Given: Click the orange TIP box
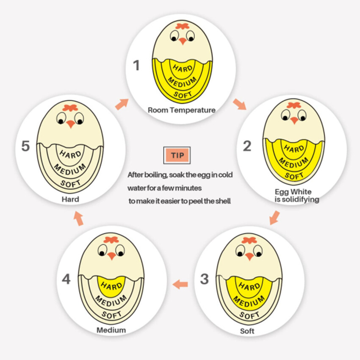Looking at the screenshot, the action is (x=177, y=155).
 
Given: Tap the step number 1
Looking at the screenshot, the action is (x=136, y=65).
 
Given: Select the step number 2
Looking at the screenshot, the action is (x=247, y=146).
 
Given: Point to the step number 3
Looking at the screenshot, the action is (x=204, y=279).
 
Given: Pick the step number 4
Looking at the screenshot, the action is (x=66, y=279).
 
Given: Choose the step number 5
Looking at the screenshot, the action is (x=25, y=146).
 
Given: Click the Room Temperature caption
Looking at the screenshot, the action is (x=182, y=110).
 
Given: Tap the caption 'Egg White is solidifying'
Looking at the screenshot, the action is (x=297, y=196).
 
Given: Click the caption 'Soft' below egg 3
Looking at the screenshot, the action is (x=247, y=331).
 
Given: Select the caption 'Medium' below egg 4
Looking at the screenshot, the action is (x=111, y=330).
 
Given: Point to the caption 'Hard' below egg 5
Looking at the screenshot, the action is (x=70, y=199).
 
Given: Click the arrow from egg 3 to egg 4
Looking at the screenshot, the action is (x=180, y=285).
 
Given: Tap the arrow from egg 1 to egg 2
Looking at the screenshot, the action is (x=240, y=104).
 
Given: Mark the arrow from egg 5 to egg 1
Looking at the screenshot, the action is (x=122, y=105).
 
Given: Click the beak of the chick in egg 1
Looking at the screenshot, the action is (x=183, y=42).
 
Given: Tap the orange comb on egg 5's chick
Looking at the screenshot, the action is (x=70, y=108).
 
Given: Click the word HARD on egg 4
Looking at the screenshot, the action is (x=111, y=286).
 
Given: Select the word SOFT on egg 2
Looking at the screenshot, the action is (x=294, y=176).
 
